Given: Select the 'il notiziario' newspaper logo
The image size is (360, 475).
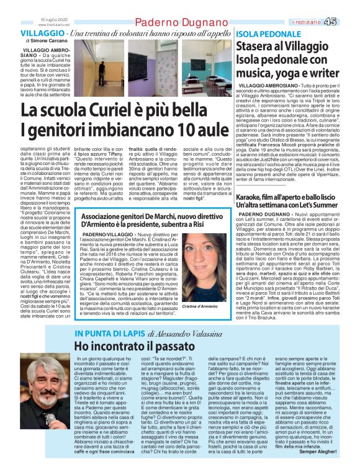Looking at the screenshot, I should point(314,22).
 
